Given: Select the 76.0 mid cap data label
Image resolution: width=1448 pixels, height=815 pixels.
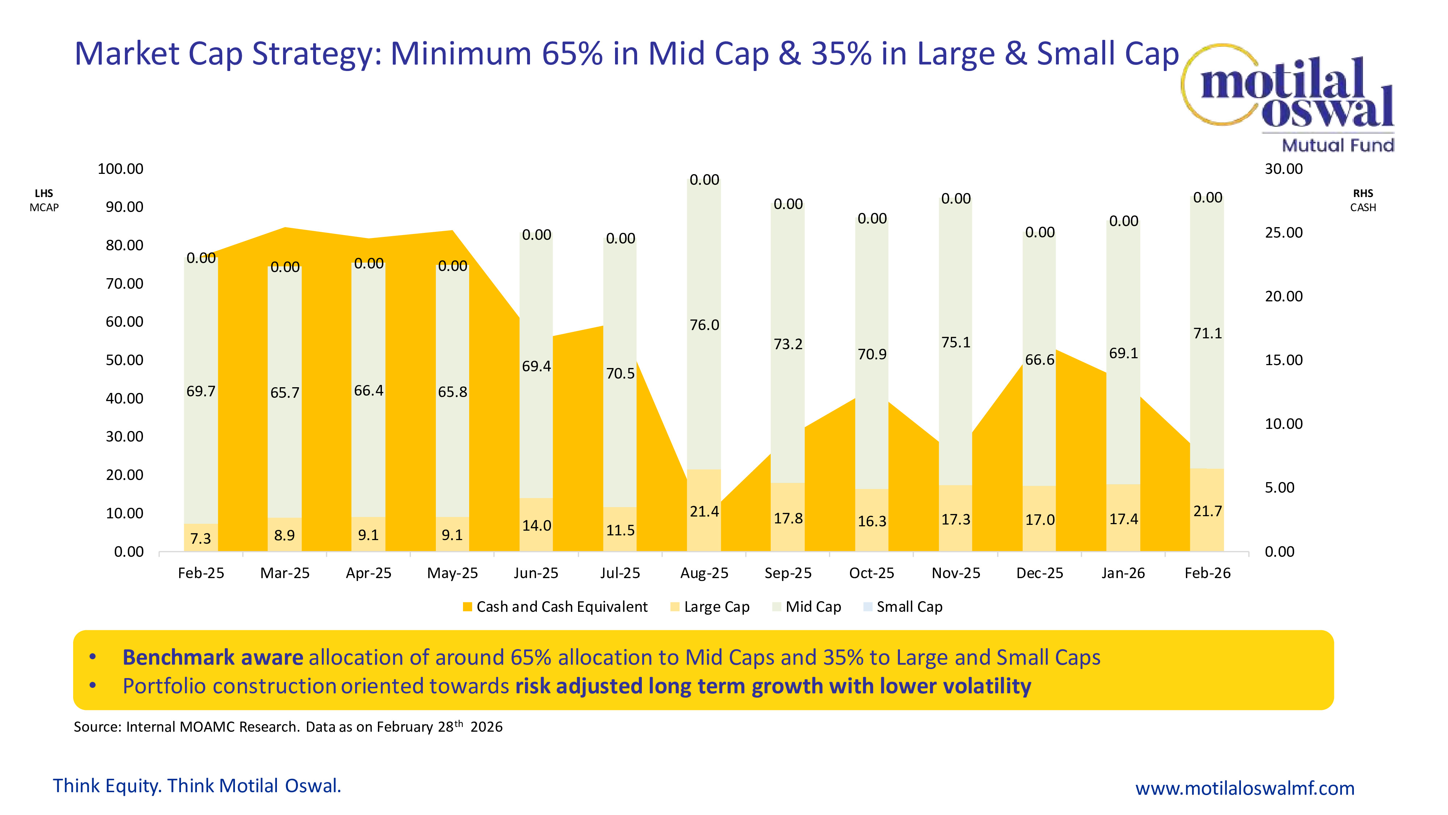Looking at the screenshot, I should [704, 325].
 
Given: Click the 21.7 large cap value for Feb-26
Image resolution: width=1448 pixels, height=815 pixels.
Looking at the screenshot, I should [1207, 511].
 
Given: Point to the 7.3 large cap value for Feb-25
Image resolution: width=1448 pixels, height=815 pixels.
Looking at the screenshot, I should [201, 539].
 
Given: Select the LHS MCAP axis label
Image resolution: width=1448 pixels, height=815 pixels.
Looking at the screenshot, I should [44, 200].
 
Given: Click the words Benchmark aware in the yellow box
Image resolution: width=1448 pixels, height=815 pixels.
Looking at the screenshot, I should [212, 657].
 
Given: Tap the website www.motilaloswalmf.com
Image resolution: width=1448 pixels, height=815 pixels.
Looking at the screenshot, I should [1245, 788].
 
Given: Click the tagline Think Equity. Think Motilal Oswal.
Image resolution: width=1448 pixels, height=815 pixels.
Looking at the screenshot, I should [197, 786].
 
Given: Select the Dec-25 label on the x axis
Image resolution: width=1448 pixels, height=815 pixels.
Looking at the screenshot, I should [1039, 573].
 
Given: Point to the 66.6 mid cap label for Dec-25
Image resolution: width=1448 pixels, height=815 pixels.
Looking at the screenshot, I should [1039, 360].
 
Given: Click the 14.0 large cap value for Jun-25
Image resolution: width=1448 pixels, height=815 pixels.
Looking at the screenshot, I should [536, 526].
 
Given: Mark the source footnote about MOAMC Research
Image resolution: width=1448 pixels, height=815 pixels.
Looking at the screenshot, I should [288, 727].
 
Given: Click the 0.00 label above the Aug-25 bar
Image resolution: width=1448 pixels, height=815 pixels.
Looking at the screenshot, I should [704, 180].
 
